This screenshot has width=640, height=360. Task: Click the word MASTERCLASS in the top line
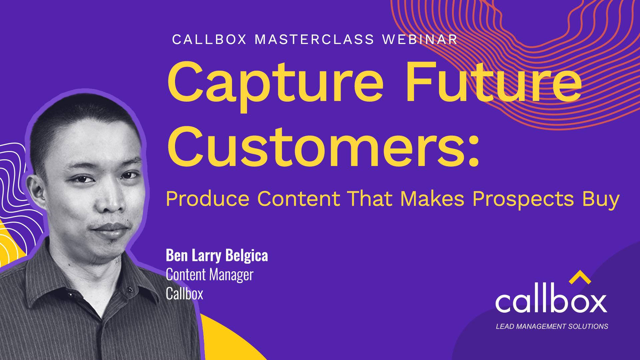coord(314,40)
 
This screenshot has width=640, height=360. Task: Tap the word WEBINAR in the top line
coord(420,40)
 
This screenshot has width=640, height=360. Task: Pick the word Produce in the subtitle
coord(207,199)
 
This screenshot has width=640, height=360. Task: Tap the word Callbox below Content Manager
coord(184,294)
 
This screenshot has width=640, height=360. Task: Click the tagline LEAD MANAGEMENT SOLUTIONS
coord(552,327)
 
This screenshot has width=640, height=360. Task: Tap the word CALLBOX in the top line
coord(209,40)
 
